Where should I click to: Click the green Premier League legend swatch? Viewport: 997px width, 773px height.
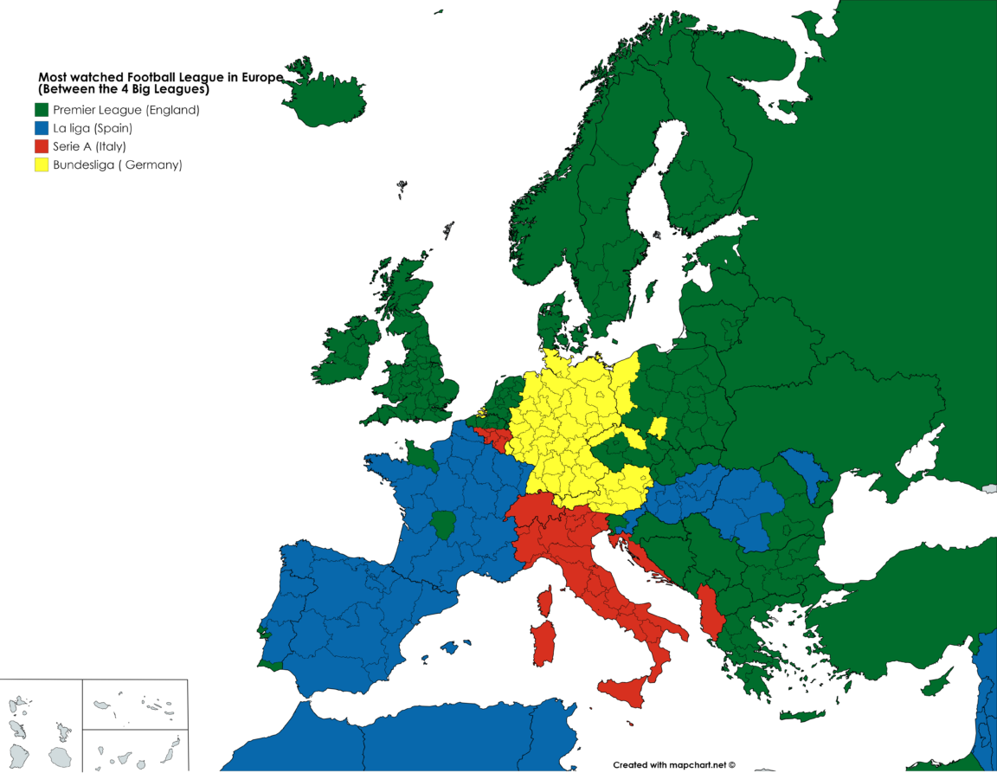[42, 110]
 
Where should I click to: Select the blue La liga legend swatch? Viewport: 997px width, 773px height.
[42, 128]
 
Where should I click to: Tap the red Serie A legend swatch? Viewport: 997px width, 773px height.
[42, 146]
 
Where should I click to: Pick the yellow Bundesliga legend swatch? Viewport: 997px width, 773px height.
[42, 164]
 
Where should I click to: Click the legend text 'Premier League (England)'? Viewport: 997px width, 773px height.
[126, 110]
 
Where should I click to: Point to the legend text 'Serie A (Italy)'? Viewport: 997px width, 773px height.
[89, 146]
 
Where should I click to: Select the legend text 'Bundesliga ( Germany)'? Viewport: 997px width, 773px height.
[118, 164]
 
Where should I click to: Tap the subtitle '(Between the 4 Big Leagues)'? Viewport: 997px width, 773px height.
[125, 88]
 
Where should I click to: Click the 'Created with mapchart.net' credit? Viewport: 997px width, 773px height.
[674, 764]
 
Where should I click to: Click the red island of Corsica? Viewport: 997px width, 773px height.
[545, 599]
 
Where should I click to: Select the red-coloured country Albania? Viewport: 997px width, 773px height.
[711, 610]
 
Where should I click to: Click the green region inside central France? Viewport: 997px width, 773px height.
[443, 524]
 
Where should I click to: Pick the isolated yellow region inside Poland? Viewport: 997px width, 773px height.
[659, 426]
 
